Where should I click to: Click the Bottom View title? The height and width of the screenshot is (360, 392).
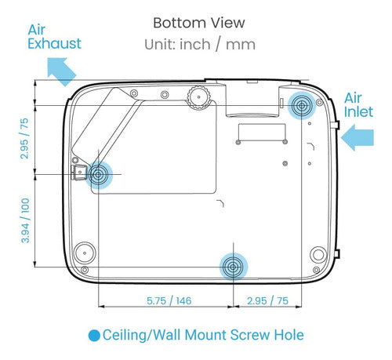(x=199, y=23)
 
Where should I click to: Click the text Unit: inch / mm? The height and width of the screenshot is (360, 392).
(x=200, y=45)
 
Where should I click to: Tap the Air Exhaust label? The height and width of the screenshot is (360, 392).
(x=54, y=37)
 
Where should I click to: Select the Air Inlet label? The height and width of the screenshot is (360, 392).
(x=358, y=105)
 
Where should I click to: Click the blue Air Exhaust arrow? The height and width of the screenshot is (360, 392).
(x=61, y=71)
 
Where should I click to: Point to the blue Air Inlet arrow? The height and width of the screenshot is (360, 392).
(x=358, y=137)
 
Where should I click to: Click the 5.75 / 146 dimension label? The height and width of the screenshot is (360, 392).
(x=169, y=300)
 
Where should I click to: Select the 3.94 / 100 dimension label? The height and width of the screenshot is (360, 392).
(x=25, y=220)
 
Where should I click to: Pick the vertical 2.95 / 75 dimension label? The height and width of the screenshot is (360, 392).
(x=24, y=139)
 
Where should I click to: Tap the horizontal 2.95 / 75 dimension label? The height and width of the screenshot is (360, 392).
(x=267, y=300)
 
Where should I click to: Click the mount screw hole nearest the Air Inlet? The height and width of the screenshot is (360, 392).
(x=302, y=106)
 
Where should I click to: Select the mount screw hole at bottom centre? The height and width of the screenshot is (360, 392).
(x=233, y=267)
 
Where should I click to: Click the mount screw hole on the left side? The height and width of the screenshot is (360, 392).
(x=98, y=175)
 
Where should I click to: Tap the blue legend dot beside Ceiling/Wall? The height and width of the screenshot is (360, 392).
(x=94, y=336)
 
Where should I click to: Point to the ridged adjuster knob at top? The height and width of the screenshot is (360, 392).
(x=199, y=97)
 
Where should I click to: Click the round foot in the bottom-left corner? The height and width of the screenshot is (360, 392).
(x=85, y=253)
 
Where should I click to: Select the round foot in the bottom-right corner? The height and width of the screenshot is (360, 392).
(x=318, y=254)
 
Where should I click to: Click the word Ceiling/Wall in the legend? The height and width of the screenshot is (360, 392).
(x=142, y=336)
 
